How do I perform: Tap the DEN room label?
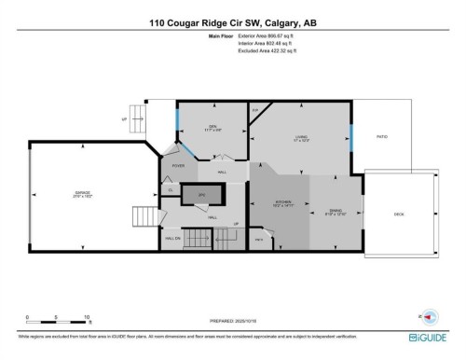coord(212,129)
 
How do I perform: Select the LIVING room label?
coord(301,139)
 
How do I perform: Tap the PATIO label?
coord(381,136)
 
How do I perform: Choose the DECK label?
coord(398,215)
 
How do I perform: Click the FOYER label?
coord(178,166)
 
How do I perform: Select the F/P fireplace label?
coord(254,110)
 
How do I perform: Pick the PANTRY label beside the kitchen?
coord(258,239)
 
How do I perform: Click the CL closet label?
coord(169,190)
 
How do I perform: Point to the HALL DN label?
coord(172,239)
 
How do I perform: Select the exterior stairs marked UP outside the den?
coord(140,118)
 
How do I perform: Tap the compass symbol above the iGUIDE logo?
coord(430,316)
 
